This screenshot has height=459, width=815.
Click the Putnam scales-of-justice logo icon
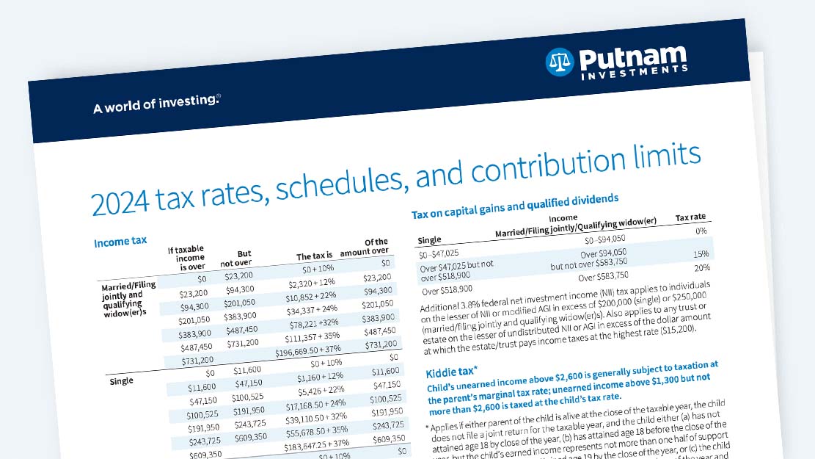[x=559, y=62]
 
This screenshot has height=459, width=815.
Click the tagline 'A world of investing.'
[x=156, y=104]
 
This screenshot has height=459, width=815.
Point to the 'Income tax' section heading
[x=120, y=242]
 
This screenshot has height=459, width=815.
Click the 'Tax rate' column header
[x=690, y=217]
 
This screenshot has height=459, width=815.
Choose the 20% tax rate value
[x=702, y=267]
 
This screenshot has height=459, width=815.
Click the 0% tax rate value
[x=702, y=231]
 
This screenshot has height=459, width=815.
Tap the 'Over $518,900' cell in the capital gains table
[x=447, y=289]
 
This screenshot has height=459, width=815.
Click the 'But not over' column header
[x=235, y=259]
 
